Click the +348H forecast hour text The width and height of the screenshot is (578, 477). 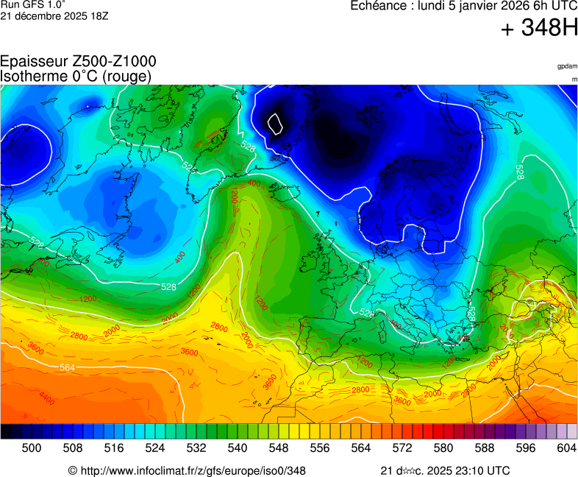[539, 29]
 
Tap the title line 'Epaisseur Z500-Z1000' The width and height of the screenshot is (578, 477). [78, 62]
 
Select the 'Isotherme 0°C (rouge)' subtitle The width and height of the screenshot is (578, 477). [76, 76]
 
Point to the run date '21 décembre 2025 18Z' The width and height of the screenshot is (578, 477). [54, 15]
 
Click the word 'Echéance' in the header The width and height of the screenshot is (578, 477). [376, 6]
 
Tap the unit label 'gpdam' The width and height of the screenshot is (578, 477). [567, 66]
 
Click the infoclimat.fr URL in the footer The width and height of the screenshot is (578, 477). [187, 470]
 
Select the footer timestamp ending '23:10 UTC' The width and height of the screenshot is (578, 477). [445, 470]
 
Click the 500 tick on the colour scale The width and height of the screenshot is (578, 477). [32, 447]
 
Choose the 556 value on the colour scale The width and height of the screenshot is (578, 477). [320, 447]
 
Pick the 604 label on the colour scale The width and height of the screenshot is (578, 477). [566, 447]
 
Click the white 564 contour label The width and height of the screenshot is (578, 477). [67, 367]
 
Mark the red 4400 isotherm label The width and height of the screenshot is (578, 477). [47, 398]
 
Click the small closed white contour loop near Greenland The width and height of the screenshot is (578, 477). [276, 123]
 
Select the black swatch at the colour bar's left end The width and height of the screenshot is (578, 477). [6, 431]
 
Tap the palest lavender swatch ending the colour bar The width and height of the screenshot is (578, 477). [571, 431]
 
